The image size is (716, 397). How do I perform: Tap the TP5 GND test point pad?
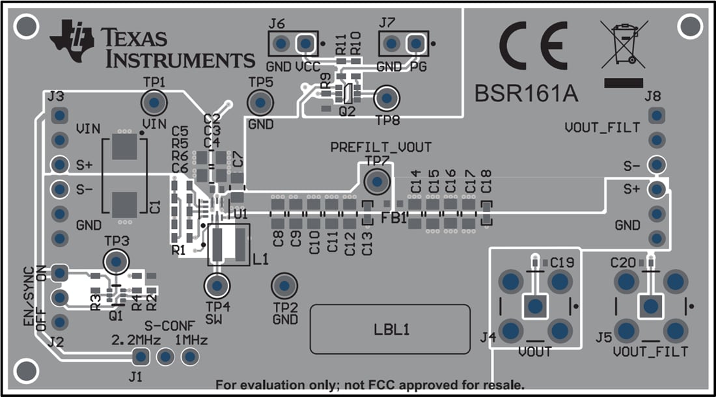pos(260,103)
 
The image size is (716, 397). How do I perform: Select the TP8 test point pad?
pos(387,98)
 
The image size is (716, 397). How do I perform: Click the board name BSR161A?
pos(526,94)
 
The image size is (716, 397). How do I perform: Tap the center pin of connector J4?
pos(535,306)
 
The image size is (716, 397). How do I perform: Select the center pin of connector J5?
pos(650,306)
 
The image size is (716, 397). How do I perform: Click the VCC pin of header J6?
pos(305,44)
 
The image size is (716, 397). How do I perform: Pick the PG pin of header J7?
pos(415,44)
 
